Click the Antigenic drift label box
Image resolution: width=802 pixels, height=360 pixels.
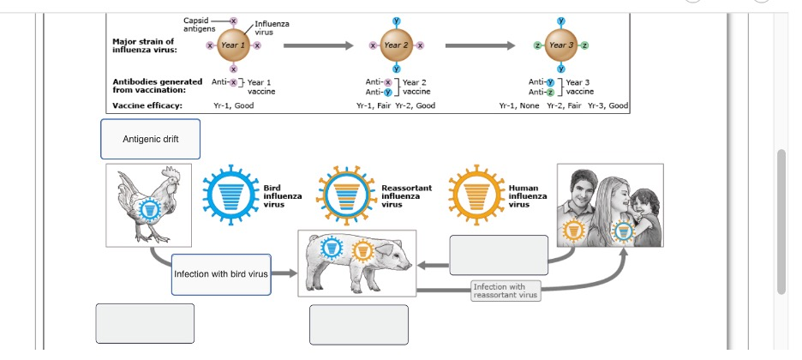tap(151, 139)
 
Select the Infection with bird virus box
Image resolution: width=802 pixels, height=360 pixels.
tap(221, 274)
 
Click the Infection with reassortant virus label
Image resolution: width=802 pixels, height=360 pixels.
tap(505, 291)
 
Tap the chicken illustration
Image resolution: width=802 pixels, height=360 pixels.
tap(149, 204)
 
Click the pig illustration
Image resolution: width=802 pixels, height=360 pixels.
tap(356, 262)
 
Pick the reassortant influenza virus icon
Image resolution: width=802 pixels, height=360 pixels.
tap(346, 195)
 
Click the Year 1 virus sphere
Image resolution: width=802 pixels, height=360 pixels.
tap(233, 44)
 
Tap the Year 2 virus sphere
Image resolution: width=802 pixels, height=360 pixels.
tap(396, 44)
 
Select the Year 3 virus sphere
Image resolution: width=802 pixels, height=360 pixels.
tap(561, 44)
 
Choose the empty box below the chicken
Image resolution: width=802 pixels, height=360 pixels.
tap(145, 323)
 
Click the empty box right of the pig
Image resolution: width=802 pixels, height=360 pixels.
tap(499, 255)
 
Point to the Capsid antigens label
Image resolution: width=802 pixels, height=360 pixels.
tap(200, 24)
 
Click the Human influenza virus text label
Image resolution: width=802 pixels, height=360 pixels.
tap(528, 196)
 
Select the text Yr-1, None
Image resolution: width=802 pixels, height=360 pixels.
tap(518, 105)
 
